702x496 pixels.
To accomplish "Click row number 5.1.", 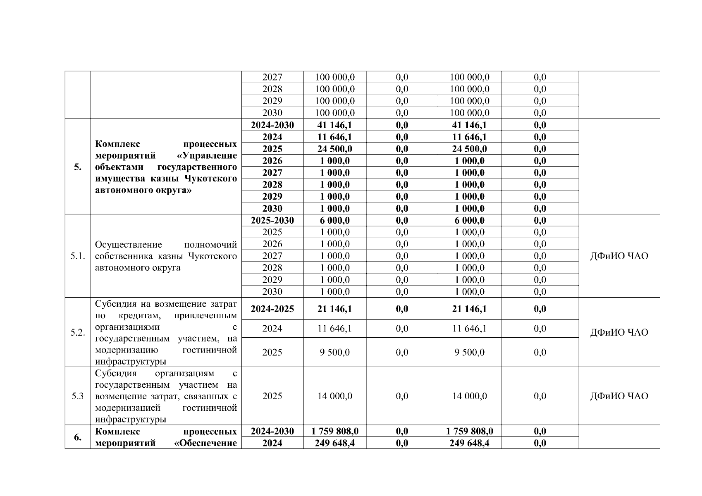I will [x=78, y=256].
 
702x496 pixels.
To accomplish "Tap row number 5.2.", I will [x=78, y=333].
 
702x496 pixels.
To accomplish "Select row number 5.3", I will [x=78, y=396].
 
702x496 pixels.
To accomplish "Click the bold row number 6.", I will [x=78, y=437].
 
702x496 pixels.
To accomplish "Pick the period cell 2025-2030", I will [x=272, y=220].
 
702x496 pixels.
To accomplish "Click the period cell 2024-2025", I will [x=272, y=309].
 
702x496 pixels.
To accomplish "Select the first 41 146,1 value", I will [x=334, y=125].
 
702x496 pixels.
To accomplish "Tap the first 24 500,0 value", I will [x=334, y=149].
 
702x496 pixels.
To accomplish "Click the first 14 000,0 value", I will [x=334, y=396].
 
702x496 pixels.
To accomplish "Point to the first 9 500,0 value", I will [x=334, y=353].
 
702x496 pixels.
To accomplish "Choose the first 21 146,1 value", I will [x=334, y=309].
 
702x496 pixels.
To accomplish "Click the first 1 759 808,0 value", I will [x=334, y=432].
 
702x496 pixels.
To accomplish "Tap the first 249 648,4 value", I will [x=334, y=443].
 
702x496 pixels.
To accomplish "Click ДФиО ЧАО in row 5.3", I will [x=619, y=396].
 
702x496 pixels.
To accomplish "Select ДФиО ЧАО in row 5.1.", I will [x=619, y=256].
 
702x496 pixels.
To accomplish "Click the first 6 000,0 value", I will [x=334, y=220].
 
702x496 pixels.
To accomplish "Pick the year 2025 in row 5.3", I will [x=272, y=396].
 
